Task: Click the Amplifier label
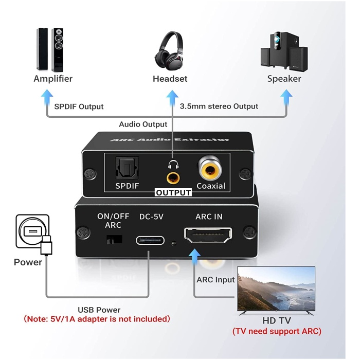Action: click(53, 79)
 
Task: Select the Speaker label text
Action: click(284, 79)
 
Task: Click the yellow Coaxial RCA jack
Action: click(210, 168)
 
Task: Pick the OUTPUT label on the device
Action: click(173, 193)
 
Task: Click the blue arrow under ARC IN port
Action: click(194, 256)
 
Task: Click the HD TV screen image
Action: click(276, 289)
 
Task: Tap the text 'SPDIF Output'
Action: click(79, 106)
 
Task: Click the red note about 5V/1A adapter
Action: click(97, 319)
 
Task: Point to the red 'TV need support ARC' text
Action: click(277, 331)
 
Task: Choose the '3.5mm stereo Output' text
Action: click(219, 106)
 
